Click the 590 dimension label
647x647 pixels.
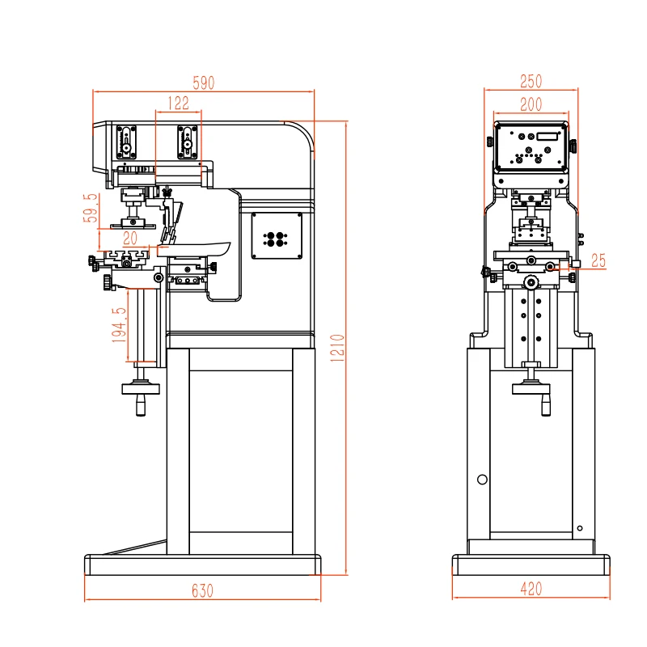[x=202, y=82]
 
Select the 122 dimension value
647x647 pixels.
[x=178, y=103]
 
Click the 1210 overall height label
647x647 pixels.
[x=339, y=348]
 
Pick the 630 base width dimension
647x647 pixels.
[x=202, y=590]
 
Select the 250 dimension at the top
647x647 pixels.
[x=531, y=81]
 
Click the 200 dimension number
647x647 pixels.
[x=531, y=104]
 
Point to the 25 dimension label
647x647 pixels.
[x=598, y=260]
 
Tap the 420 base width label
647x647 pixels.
[x=531, y=590]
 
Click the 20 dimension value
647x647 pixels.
[x=130, y=239]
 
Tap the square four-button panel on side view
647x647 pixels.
[x=277, y=236]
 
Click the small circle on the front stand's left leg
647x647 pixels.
[x=482, y=480]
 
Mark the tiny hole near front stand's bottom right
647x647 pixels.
[x=580, y=529]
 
